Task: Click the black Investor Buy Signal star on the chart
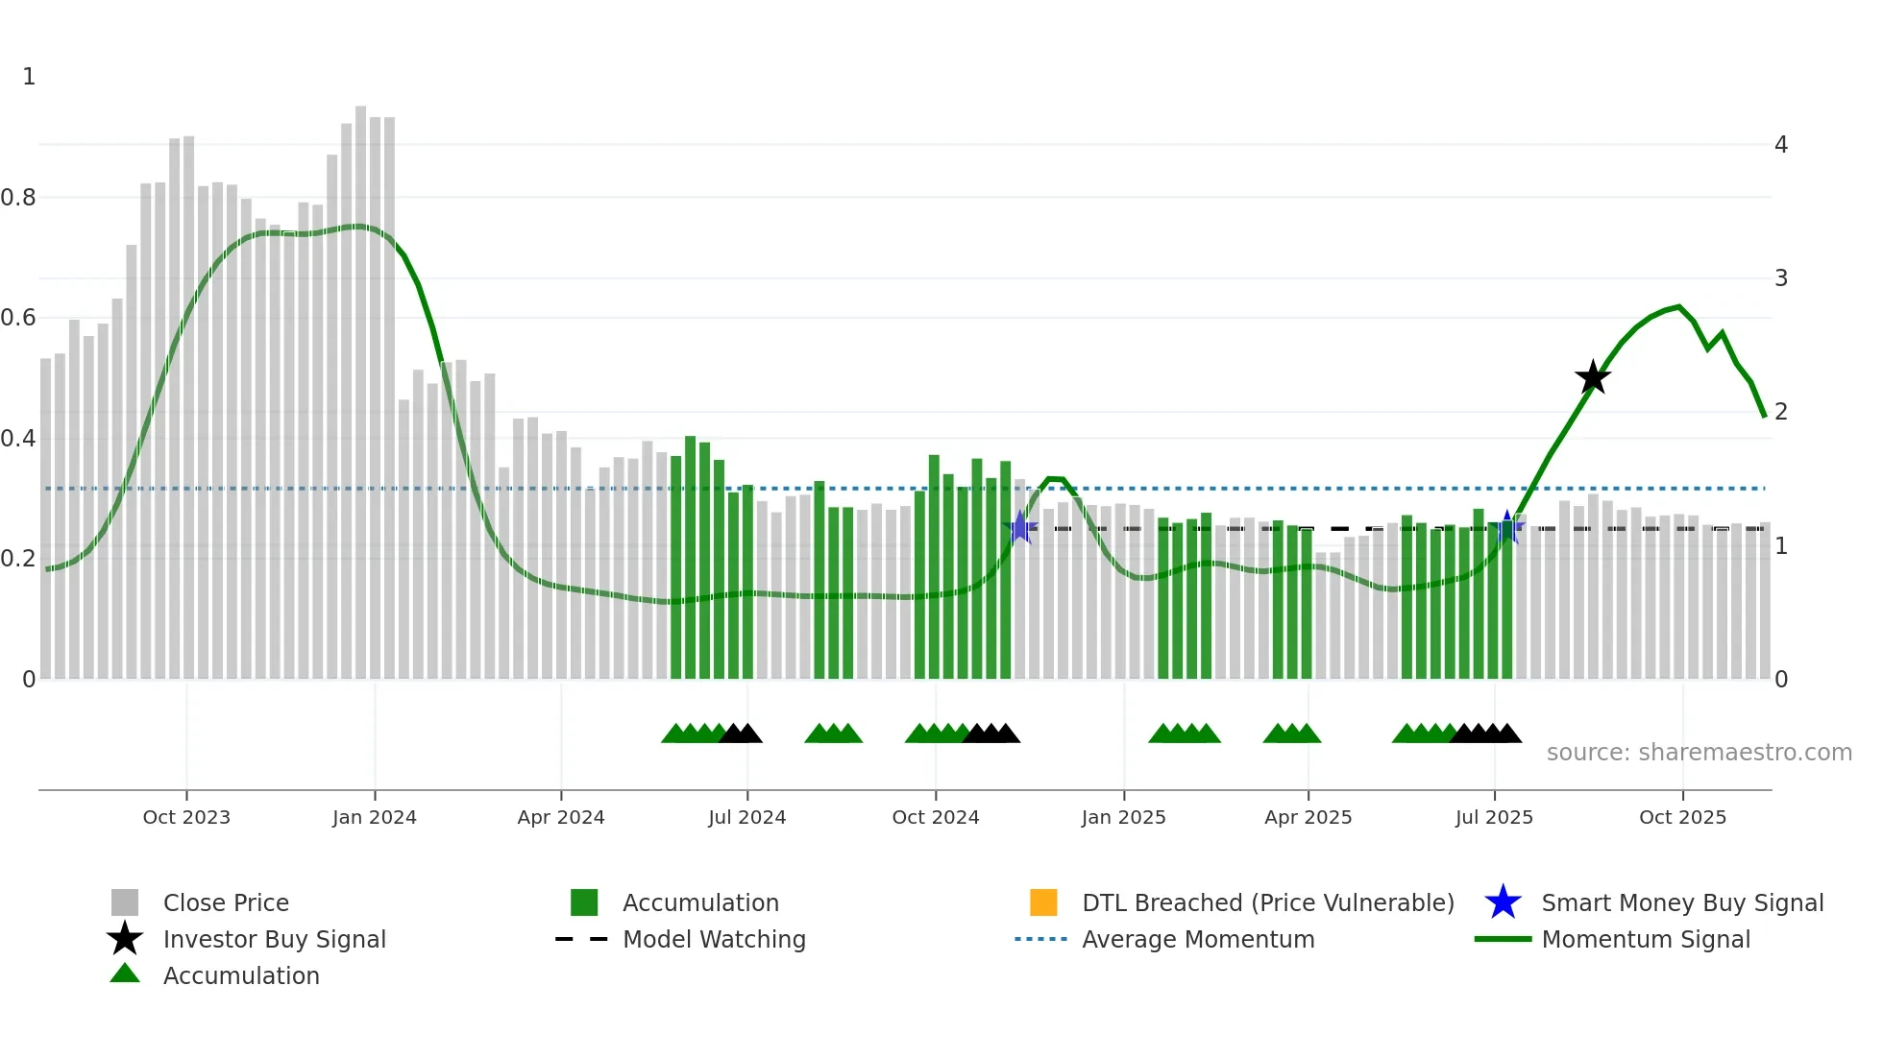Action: pyautogui.click(x=1592, y=377)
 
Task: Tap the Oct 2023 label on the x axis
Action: pyautogui.click(x=186, y=817)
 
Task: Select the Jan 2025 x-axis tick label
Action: pyautogui.click(x=1123, y=817)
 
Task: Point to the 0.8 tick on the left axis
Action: pyautogui.click(x=18, y=198)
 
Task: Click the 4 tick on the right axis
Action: pyautogui.click(x=1780, y=145)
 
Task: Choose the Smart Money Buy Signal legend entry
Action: pyautogui.click(x=1681, y=902)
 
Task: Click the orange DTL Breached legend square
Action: pyautogui.click(x=1042, y=902)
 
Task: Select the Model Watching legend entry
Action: pyautogui.click(x=713, y=939)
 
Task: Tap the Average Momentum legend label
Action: pyautogui.click(x=1197, y=939)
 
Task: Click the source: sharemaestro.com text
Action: pyautogui.click(x=1699, y=753)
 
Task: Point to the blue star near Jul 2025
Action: pyautogui.click(x=1507, y=527)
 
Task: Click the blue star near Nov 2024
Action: pyautogui.click(x=1020, y=527)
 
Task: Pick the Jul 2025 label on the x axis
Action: pyautogui.click(x=1494, y=817)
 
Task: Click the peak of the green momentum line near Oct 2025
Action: pyautogui.click(x=1678, y=306)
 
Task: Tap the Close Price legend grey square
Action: pyautogui.click(x=125, y=902)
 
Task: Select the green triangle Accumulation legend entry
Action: pyautogui.click(x=240, y=975)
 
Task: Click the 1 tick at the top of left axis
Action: pyautogui.click(x=29, y=77)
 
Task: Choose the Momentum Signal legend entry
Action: pyautogui.click(x=1645, y=939)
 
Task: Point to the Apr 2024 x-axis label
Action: pyautogui.click(x=561, y=817)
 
